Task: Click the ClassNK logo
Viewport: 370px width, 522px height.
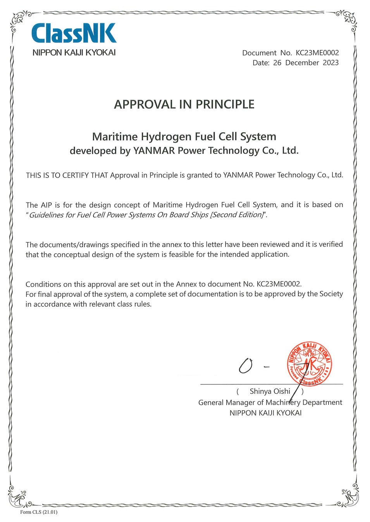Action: (74, 33)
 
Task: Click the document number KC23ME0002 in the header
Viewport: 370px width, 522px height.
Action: (317, 53)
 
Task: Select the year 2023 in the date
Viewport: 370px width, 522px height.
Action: (330, 63)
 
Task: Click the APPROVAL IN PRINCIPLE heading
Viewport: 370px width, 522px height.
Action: (184, 104)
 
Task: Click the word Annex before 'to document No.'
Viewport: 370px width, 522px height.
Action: (186, 284)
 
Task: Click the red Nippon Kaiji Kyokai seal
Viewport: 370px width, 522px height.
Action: (309, 364)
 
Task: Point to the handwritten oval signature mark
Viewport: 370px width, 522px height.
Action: (246, 365)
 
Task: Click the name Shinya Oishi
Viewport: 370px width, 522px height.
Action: (270, 391)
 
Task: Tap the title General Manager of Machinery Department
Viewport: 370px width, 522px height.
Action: (270, 403)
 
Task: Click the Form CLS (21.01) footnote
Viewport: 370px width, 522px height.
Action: (39, 512)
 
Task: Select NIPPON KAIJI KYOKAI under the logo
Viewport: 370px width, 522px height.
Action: (74, 53)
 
